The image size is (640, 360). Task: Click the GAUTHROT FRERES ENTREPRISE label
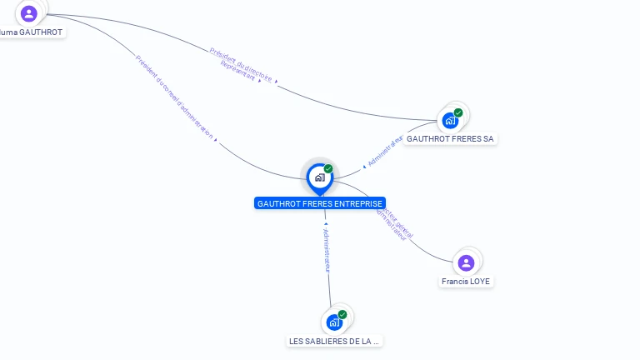click(x=320, y=203)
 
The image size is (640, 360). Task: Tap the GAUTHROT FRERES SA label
click(x=451, y=139)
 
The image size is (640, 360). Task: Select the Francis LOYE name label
click(x=467, y=282)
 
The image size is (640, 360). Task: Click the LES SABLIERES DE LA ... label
click(x=334, y=341)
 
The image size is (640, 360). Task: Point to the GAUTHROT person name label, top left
click(x=32, y=32)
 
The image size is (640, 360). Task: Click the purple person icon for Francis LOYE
click(x=466, y=262)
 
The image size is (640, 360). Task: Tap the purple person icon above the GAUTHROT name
click(x=29, y=13)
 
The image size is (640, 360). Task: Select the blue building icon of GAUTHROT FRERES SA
click(x=450, y=120)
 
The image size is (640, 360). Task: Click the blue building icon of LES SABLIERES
click(x=333, y=322)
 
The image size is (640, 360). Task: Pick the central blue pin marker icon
click(x=319, y=177)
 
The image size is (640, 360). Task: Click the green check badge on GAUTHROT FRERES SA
click(x=458, y=112)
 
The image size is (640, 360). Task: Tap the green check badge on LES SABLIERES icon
click(x=342, y=314)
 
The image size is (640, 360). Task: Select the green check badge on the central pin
click(x=328, y=169)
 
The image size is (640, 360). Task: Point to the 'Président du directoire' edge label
click(x=242, y=63)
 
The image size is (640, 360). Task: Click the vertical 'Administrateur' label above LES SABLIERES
click(x=327, y=250)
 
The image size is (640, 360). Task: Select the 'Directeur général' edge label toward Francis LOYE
click(x=399, y=220)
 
